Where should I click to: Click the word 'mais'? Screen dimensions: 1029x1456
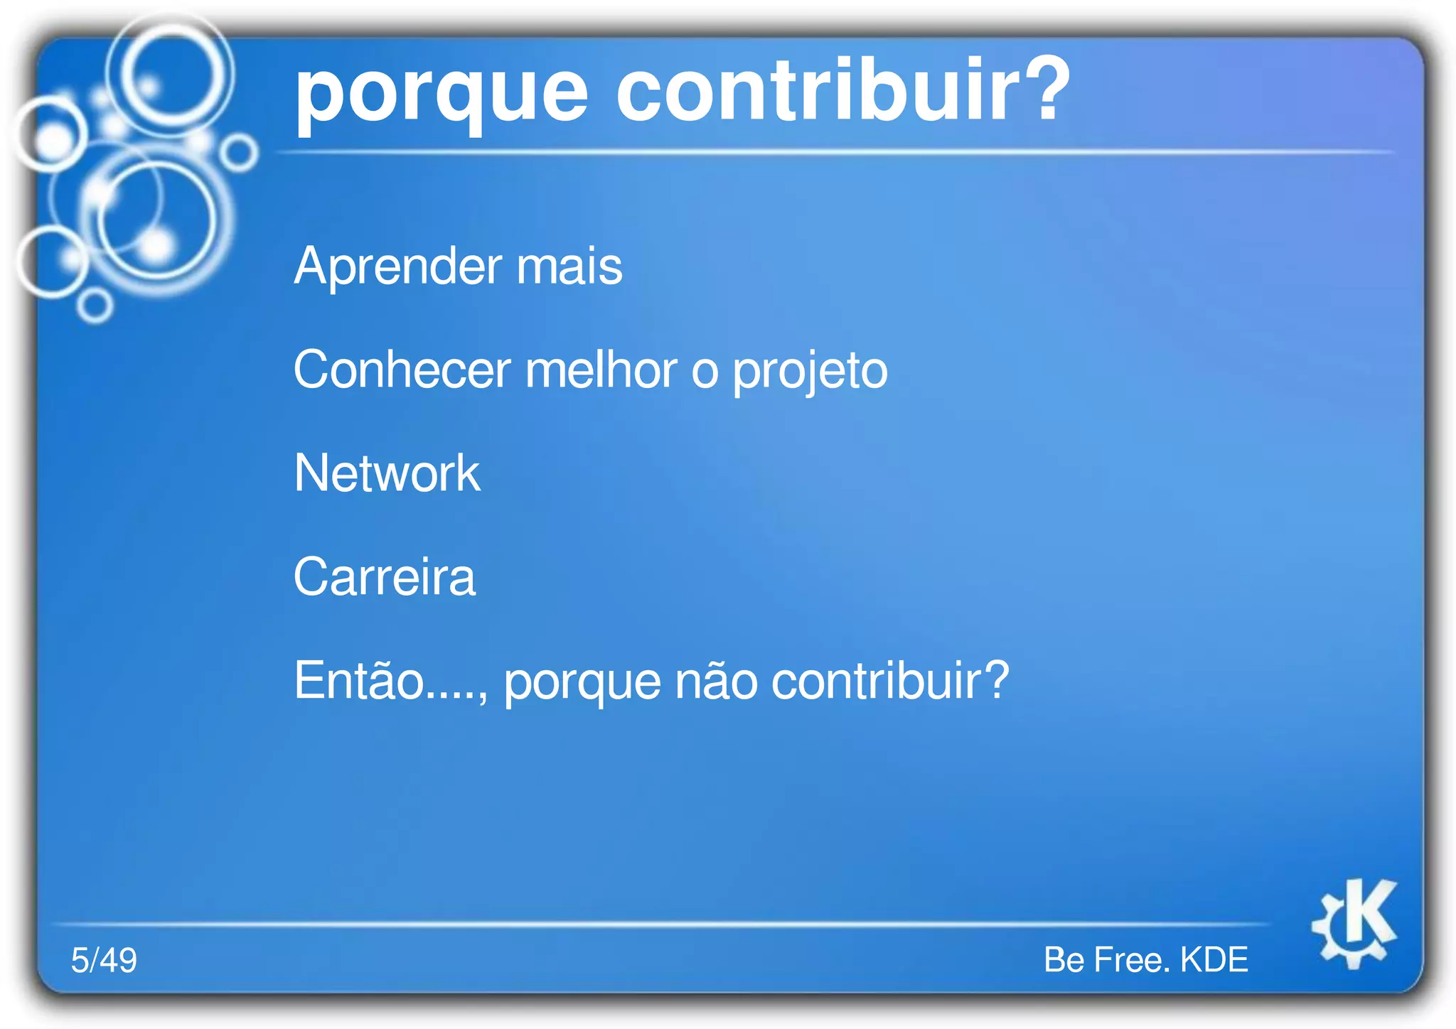569,267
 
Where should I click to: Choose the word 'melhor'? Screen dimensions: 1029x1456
601,370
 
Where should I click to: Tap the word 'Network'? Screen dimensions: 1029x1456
387,473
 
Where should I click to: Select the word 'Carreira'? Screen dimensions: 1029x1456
384,577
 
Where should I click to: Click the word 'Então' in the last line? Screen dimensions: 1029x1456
359,681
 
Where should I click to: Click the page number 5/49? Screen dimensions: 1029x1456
104,960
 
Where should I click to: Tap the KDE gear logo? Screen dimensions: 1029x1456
1355,924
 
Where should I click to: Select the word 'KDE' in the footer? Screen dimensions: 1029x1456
1214,960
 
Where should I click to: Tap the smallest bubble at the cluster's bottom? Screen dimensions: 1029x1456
95,306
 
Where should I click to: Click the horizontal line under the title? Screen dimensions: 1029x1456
832,152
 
